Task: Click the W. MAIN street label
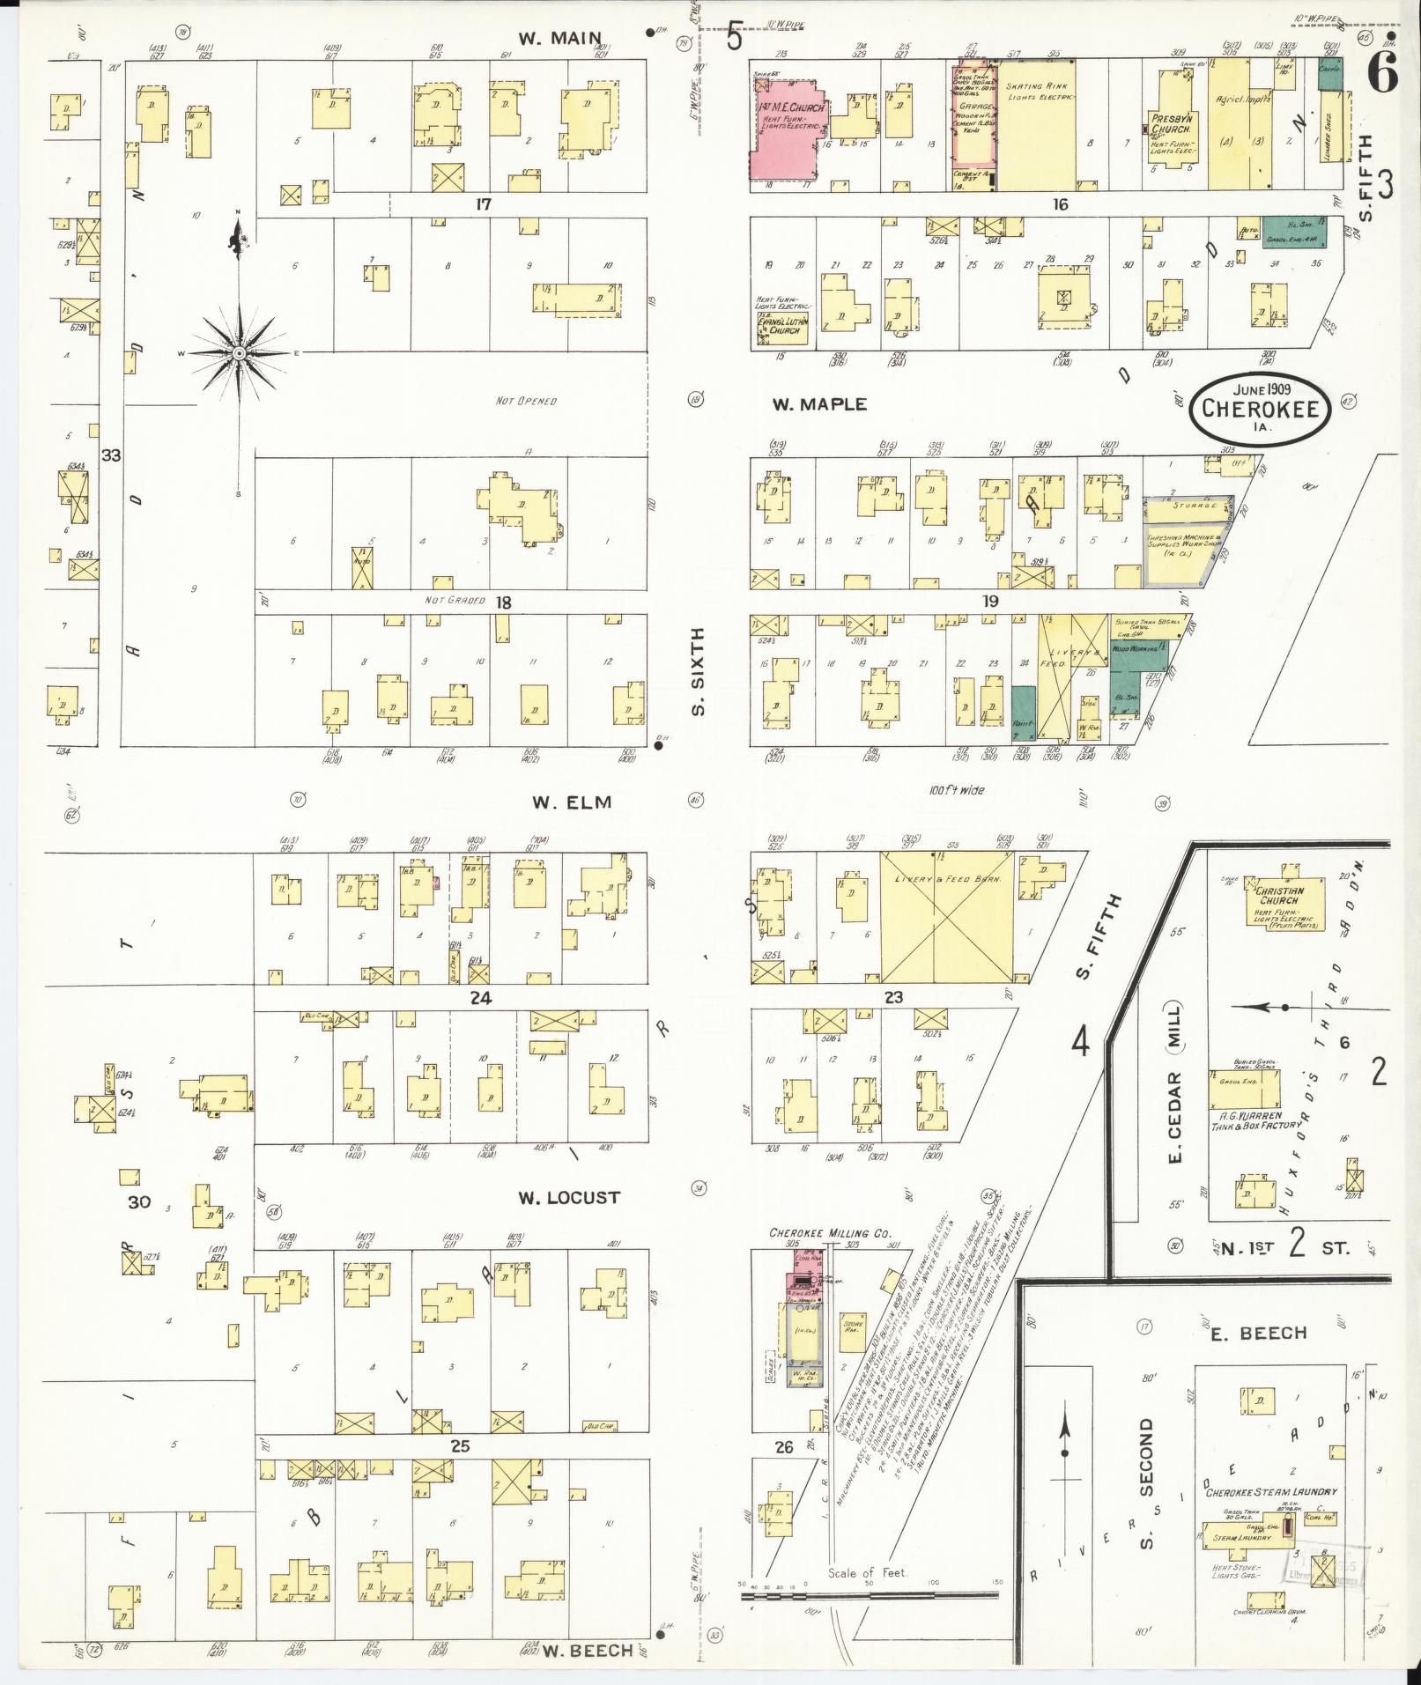click(560, 39)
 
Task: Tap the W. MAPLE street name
click(819, 404)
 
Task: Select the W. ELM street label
click(572, 802)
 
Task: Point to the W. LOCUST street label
click(568, 1198)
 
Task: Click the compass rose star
click(238, 353)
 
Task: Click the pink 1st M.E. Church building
click(787, 123)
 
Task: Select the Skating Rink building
click(1037, 123)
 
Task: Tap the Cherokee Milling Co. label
click(830, 1233)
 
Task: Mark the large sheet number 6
click(1383, 74)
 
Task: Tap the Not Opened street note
click(526, 402)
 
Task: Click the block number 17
click(483, 204)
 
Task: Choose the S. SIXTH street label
click(699, 671)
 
